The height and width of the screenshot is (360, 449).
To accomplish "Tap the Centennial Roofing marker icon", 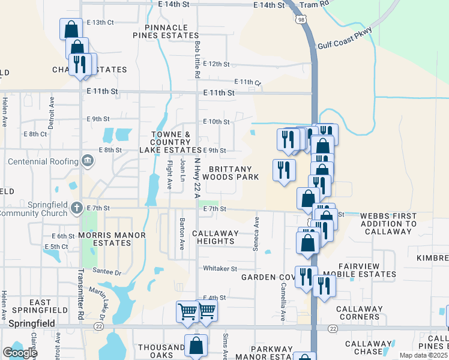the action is pos(87,161).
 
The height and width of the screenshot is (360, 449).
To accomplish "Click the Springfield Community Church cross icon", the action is pos(76,208).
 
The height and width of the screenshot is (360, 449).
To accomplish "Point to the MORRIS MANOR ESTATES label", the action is pos(104,239).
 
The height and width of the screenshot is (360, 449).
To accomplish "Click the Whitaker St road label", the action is pos(220,268).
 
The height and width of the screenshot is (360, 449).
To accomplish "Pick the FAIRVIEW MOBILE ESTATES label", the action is pos(359,270).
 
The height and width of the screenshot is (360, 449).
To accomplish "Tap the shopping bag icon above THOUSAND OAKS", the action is pos(196,345).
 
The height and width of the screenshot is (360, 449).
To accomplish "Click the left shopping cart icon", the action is pos(187,311).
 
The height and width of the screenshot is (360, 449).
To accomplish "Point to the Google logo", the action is pos(20,353).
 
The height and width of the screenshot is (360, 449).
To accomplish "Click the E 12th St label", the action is pos(217,64).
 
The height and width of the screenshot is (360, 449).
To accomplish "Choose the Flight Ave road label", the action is pos(170,172).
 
